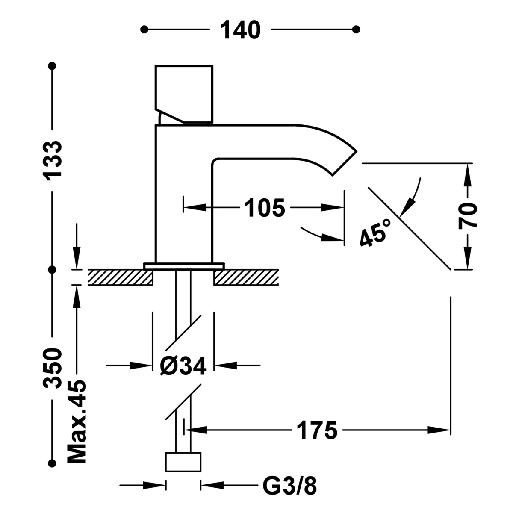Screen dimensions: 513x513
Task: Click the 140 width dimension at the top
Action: click(240, 30)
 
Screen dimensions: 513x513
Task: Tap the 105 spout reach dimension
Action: click(264, 208)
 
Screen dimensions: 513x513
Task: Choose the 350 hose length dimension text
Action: click(53, 368)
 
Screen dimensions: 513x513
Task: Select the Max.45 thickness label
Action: click(77, 421)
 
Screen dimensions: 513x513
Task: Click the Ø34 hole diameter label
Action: click(183, 366)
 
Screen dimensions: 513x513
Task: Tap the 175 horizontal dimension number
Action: click(317, 430)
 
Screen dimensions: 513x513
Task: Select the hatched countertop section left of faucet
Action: click(121, 277)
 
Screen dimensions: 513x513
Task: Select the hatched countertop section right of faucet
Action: click(246, 277)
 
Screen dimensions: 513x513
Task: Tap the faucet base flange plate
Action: click(184, 266)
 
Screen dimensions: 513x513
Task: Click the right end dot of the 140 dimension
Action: click(356, 29)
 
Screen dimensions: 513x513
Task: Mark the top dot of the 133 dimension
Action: click(53, 66)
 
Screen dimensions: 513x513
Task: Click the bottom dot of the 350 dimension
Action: click(53, 463)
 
